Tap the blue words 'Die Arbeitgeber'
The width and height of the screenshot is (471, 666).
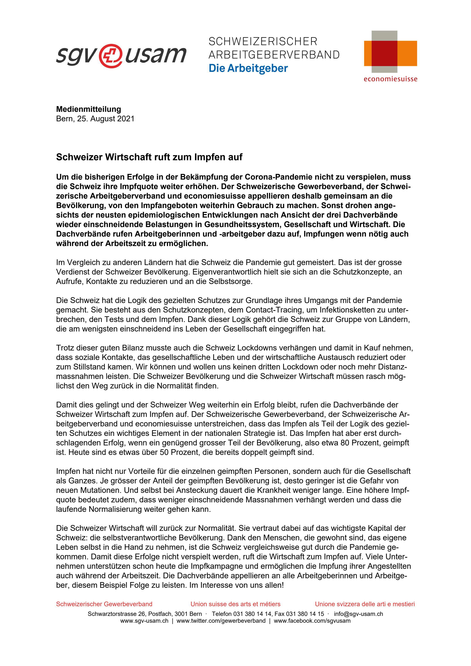tap(248, 69)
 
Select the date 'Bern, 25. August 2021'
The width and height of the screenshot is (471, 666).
tap(95, 119)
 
